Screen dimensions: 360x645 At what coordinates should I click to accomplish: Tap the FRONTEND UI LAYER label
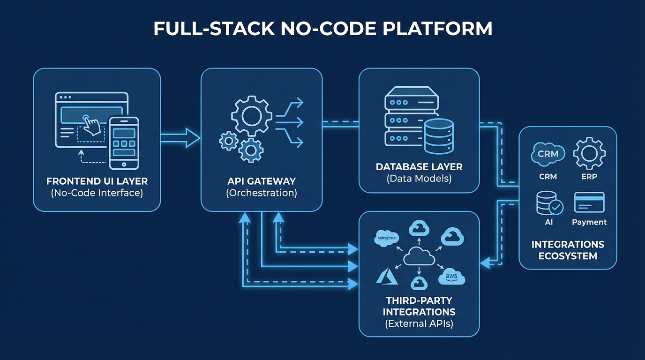pos(97,181)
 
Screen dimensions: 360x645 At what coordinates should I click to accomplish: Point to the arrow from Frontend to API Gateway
pos(180,137)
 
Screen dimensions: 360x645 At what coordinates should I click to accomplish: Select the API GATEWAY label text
pos(261,181)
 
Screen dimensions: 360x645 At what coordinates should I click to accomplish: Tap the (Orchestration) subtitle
pos(261,193)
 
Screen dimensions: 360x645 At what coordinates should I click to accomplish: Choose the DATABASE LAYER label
pos(419,167)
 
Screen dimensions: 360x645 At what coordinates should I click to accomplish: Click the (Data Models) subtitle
pos(419,179)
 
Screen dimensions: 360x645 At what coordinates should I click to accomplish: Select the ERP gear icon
pos(589,153)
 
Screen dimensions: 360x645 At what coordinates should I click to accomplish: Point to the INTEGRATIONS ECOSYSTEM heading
pos(568,250)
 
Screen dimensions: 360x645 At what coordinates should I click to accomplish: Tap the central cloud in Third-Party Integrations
pos(419,256)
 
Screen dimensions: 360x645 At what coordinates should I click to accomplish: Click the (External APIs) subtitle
pos(419,323)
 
